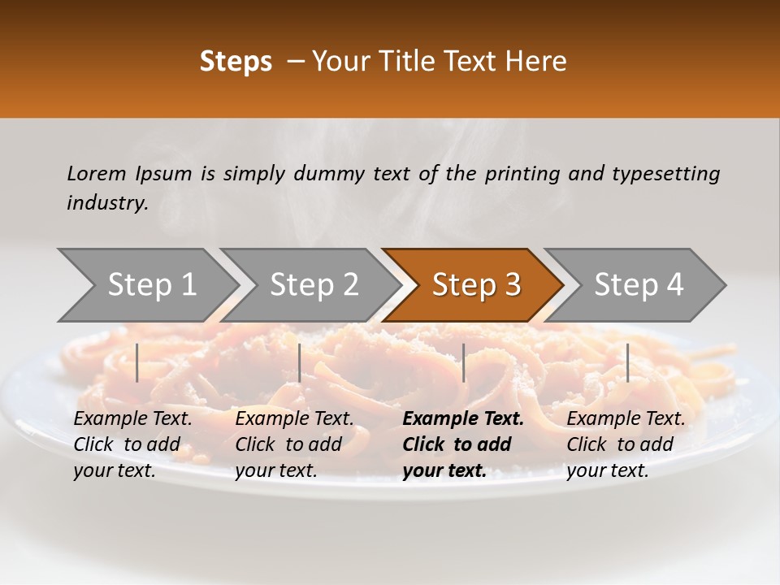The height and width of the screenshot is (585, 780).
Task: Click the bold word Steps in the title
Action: (236, 62)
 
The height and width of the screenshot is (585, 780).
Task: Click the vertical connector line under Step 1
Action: (137, 362)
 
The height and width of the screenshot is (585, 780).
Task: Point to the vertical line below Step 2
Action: (300, 362)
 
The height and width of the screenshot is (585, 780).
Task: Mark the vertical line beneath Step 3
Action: (463, 362)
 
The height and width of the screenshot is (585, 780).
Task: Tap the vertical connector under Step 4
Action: (627, 362)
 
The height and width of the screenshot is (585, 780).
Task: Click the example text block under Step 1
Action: (132, 444)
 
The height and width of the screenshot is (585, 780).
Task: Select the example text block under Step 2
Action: (294, 444)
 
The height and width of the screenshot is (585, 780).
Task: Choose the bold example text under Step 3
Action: (463, 444)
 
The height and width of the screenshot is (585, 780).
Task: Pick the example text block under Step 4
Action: (626, 444)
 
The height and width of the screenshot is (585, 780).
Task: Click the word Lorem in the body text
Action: (97, 173)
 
